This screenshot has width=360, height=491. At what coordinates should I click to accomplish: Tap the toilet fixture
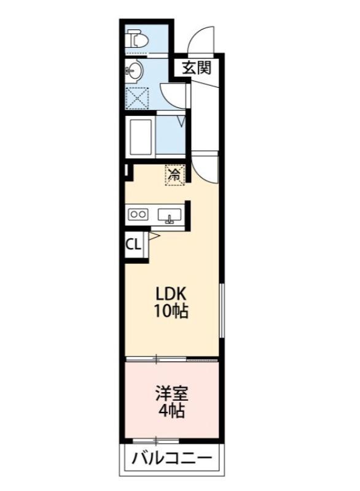(x=138, y=41)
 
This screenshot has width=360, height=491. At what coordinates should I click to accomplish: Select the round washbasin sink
(x=135, y=72)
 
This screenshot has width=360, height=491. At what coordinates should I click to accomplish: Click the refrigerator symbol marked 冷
(x=174, y=174)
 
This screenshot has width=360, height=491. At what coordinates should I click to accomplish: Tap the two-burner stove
(x=138, y=215)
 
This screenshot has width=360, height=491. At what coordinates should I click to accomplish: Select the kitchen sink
(x=169, y=215)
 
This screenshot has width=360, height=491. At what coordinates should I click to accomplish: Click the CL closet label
(x=133, y=244)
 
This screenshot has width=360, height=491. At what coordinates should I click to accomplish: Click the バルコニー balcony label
(x=171, y=458)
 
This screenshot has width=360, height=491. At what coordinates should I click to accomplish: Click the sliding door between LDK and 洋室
(x=172, y=358)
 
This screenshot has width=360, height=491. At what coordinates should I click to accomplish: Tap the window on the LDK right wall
(x=221, y=310)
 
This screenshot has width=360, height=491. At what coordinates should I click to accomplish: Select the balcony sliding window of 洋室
(x=157, y=440)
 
